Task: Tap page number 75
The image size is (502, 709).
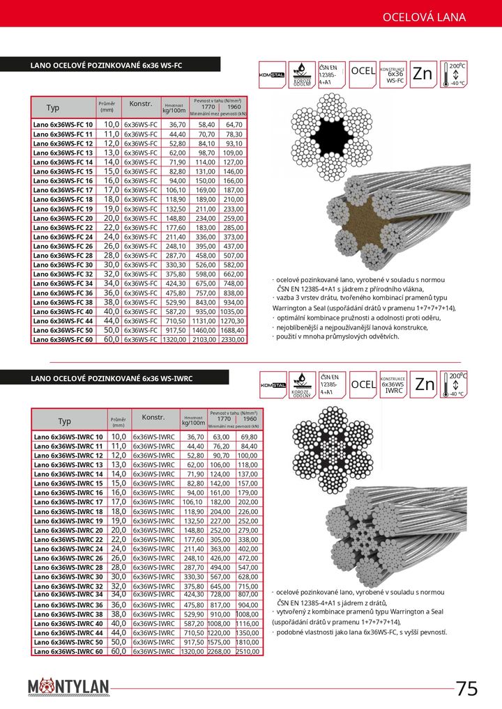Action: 467,688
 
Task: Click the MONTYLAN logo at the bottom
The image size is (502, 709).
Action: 69,688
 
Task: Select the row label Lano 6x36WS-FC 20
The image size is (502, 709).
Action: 63,218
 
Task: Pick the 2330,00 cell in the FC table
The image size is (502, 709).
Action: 234,340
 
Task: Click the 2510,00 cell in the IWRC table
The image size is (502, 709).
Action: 247,651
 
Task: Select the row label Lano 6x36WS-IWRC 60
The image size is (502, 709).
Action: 68,651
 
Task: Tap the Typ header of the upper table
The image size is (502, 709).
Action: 53,108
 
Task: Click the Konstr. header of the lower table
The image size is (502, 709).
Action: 153,417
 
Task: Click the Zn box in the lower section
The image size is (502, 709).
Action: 425,384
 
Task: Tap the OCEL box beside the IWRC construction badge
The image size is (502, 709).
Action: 363,384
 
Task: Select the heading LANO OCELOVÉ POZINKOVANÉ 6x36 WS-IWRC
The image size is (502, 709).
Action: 112,378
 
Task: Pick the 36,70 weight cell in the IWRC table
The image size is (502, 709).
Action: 190,436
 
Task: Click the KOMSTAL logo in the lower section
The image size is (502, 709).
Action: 273,384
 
